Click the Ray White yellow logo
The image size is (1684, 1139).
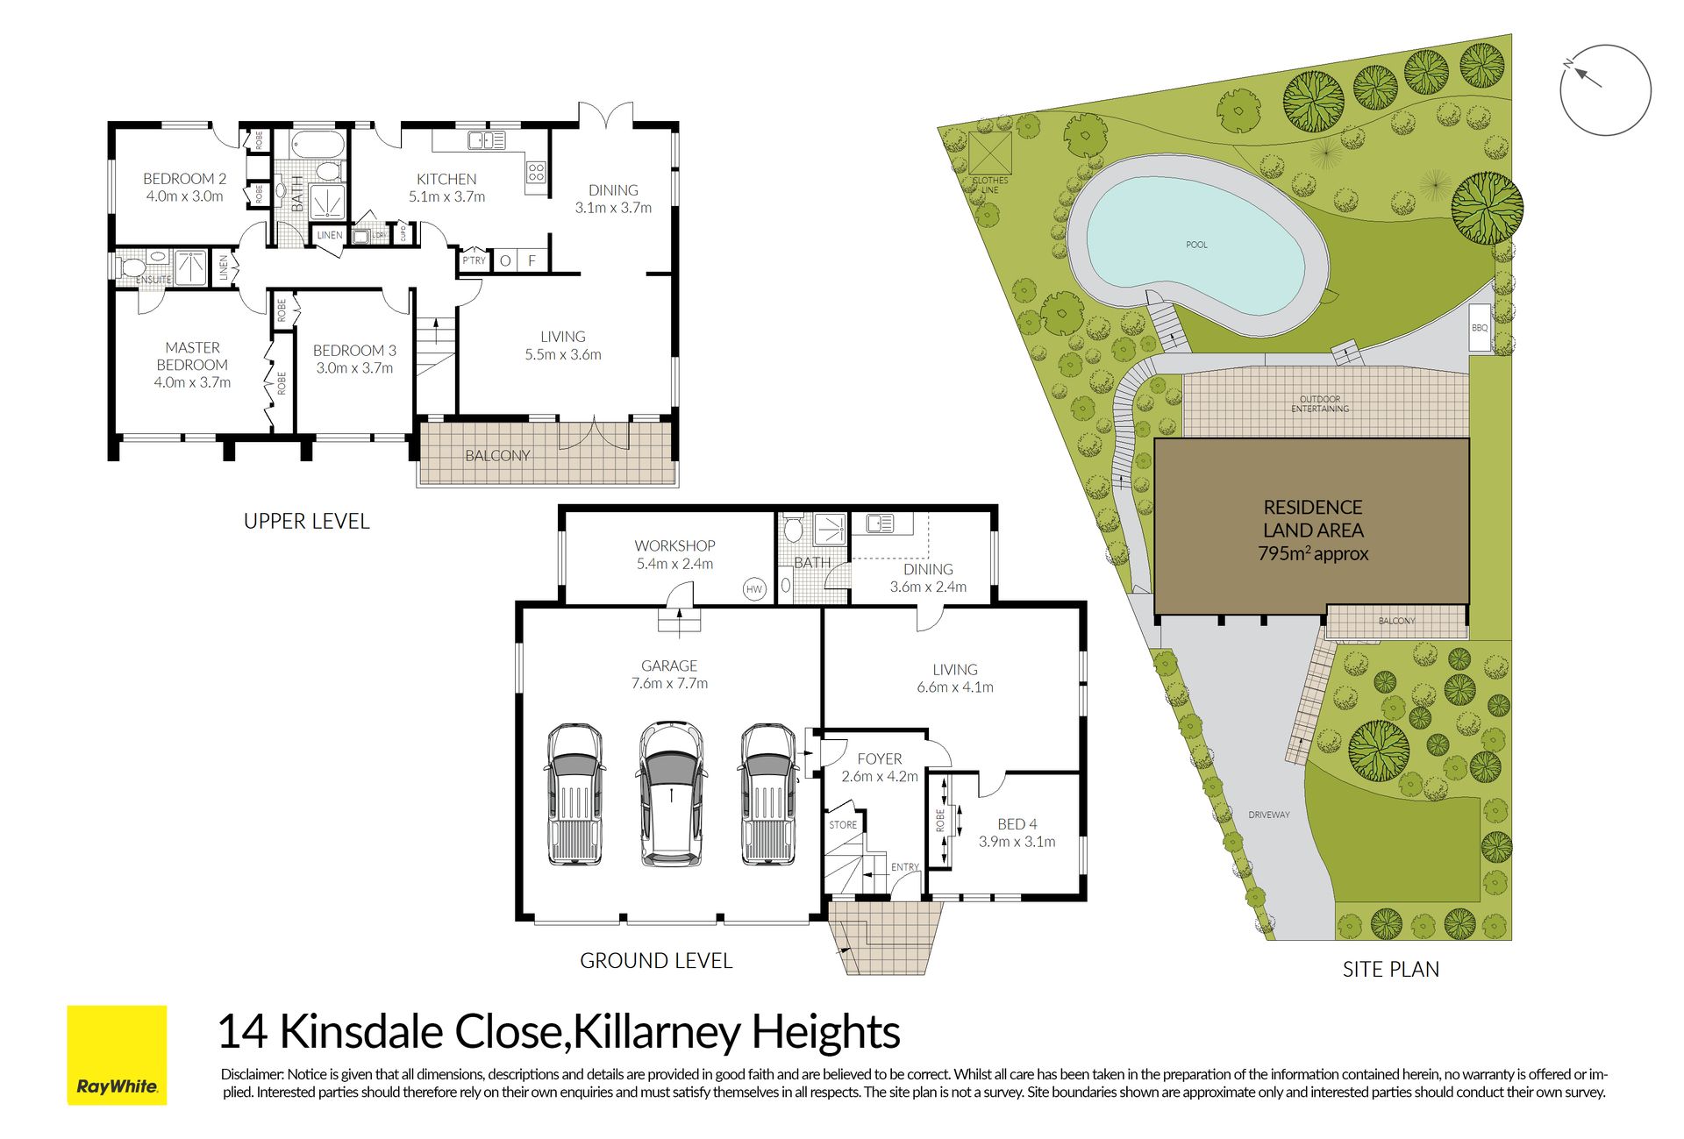(117, 1054)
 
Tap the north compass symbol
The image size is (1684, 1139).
(1605, 89)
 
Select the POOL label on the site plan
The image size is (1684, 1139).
(1196, 245)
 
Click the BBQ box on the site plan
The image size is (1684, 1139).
(1480, 328)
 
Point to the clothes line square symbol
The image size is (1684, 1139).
(990, 154)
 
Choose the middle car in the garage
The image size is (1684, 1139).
(671, 794)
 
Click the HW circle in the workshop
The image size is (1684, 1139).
(754, 589)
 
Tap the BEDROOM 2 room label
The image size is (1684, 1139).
(185, 178)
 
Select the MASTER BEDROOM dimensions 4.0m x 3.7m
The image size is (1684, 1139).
(192, 382)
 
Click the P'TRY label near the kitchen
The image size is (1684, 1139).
(474, 260)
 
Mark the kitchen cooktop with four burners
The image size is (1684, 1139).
(536, 172)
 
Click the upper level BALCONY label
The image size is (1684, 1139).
(497, 455)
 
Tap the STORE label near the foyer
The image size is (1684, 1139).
(843, 825)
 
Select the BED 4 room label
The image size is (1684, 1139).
(1017, 824)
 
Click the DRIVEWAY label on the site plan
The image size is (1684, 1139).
(1269, 815)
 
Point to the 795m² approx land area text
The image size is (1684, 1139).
(1313, 553)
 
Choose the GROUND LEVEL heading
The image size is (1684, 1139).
(656, 961)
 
